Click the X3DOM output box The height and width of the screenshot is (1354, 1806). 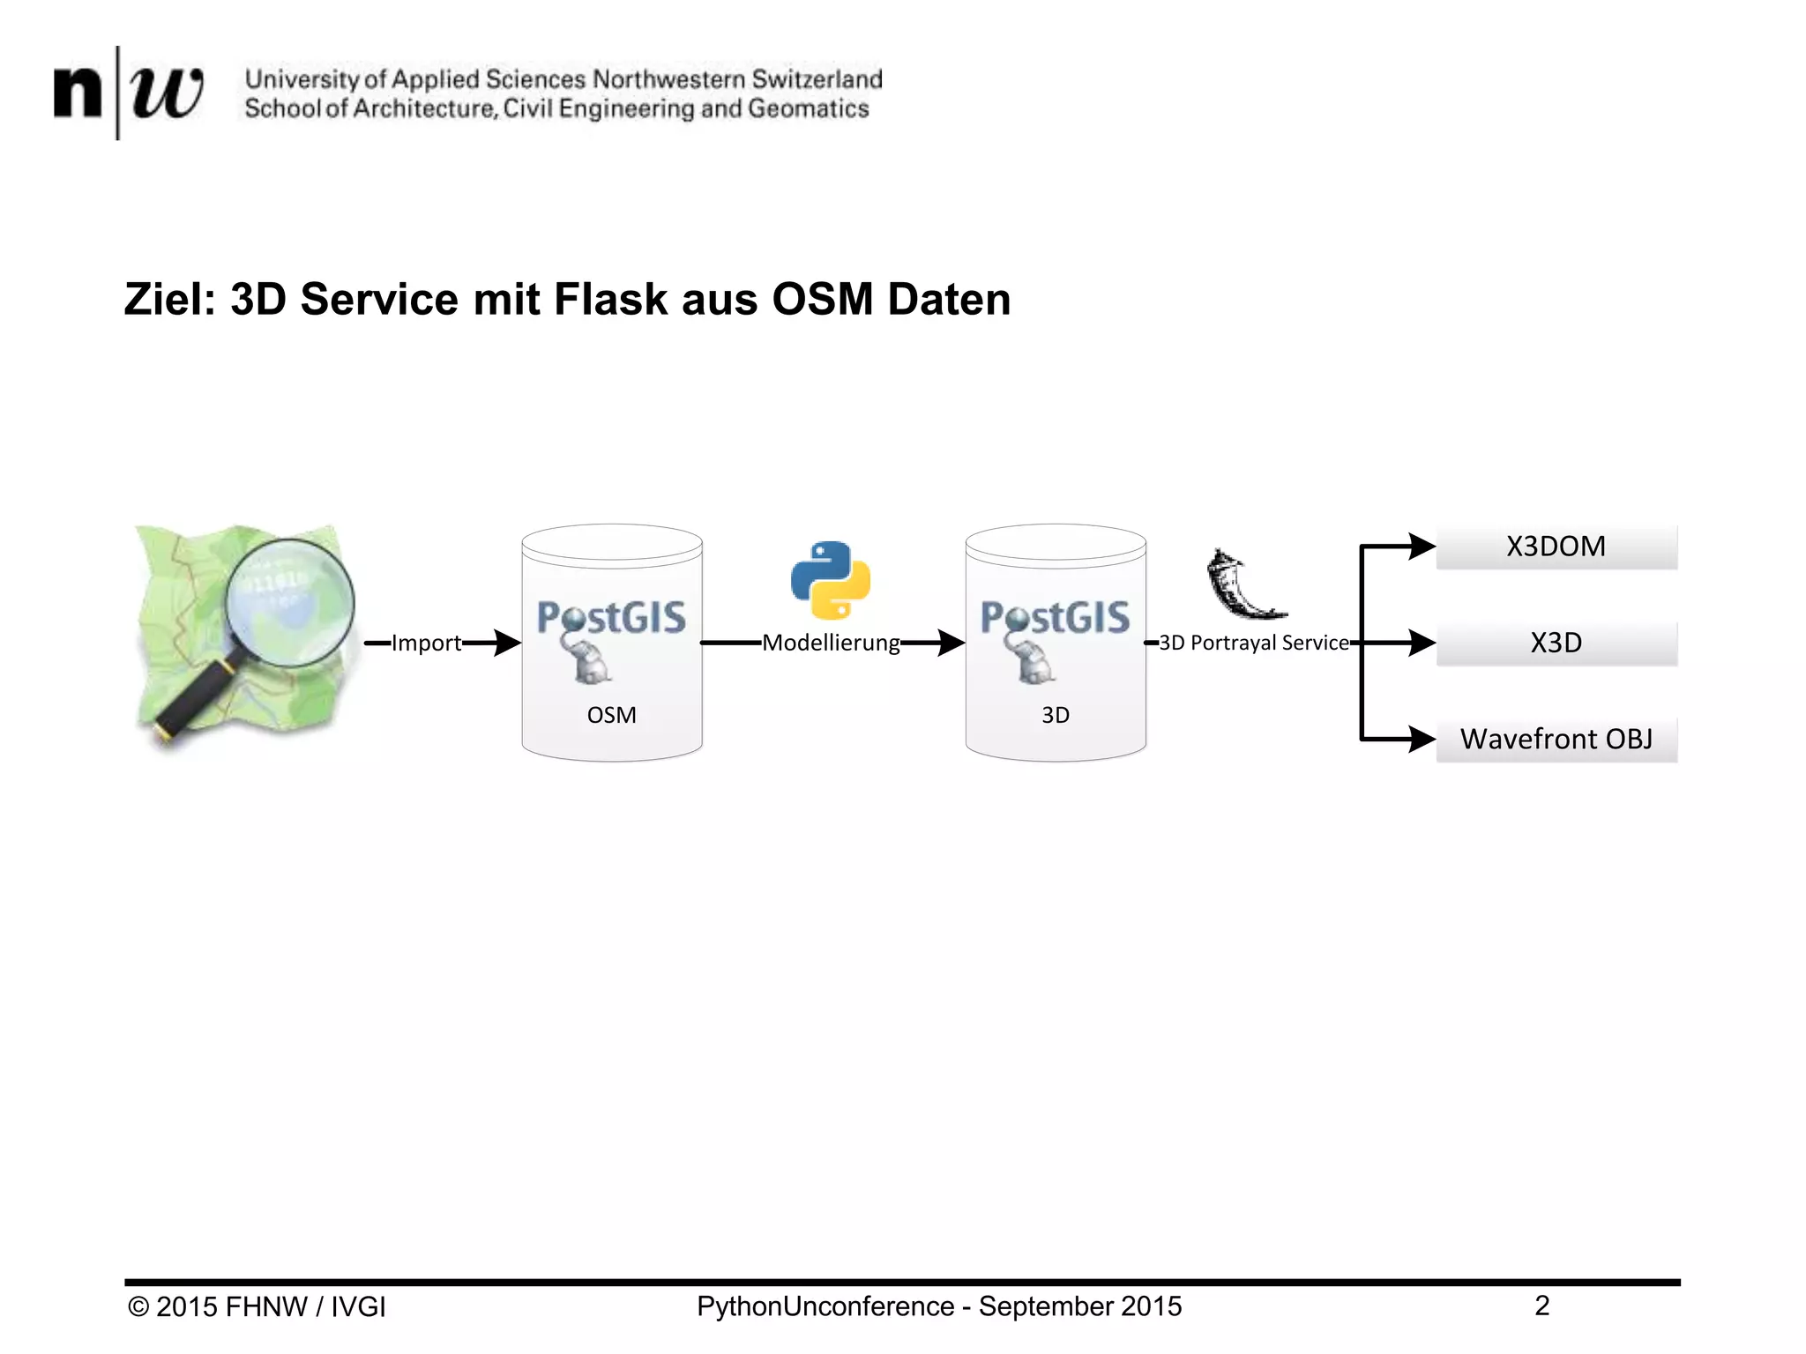1556,547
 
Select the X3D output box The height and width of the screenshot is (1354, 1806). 1556,643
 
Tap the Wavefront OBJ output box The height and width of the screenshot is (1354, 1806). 1556,739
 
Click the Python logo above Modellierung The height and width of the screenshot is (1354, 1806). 830,580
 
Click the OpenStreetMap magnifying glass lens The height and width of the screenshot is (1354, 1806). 289,602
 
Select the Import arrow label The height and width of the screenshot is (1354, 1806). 426,643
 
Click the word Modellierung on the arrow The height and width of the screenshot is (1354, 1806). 831,643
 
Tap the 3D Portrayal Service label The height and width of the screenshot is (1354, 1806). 1253,643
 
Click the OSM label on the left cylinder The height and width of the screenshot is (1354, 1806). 611,715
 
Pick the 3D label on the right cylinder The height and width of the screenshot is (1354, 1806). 1055,715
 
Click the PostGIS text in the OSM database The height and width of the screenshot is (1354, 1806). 611,617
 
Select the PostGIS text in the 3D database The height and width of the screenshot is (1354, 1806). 1055,617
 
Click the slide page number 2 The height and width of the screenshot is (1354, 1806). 1541,1306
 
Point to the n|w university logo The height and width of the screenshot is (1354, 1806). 128,92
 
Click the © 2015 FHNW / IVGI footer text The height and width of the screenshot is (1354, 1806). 257,1306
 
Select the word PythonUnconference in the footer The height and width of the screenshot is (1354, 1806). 825,1306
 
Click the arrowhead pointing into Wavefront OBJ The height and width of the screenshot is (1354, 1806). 1421,739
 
